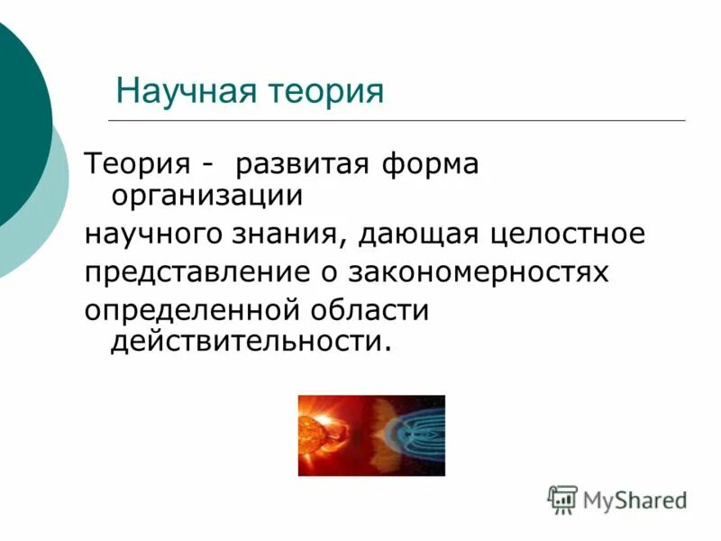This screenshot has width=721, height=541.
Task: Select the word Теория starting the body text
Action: tap(137, 166)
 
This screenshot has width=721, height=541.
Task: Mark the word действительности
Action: tap(251, 343)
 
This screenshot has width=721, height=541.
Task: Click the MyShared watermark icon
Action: tap(562, 499)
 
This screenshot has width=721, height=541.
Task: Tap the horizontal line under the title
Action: tap(397, 120)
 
